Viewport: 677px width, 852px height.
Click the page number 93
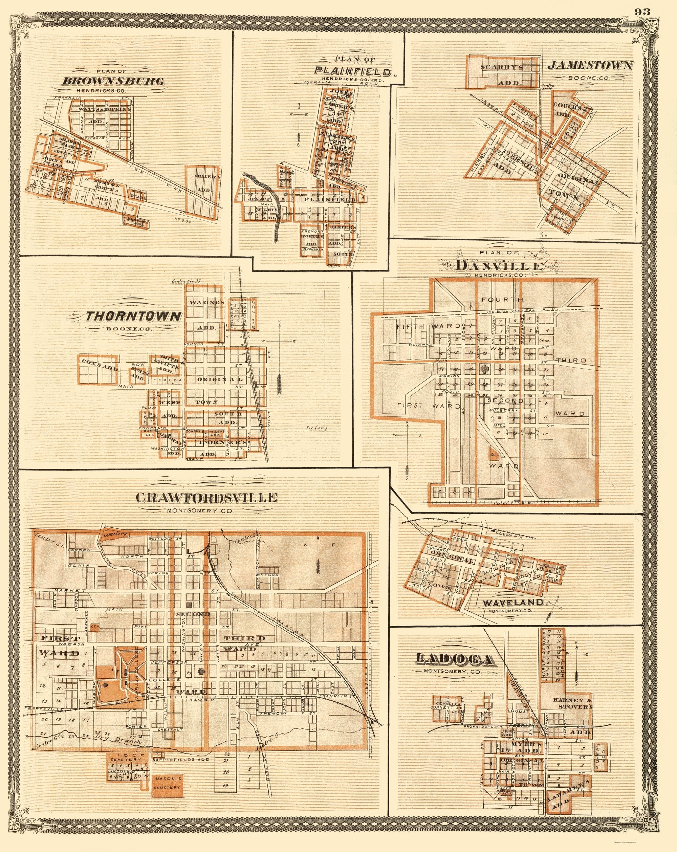tap(642, 12)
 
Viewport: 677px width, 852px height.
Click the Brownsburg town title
tap(113, 81)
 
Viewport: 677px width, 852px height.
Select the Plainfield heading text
tap(354, 71)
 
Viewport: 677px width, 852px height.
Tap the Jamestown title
tap(589, 66)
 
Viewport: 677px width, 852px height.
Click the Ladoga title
tap(455, 659)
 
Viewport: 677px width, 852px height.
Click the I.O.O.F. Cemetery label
tap(126, 757)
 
